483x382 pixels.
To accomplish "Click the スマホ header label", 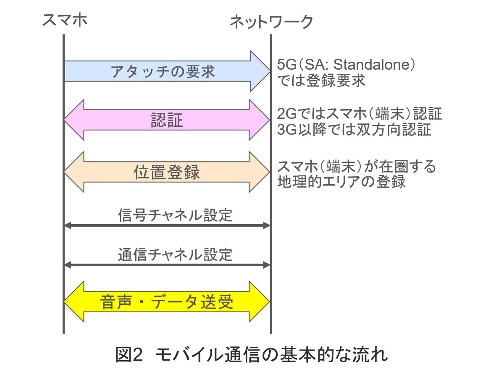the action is pos(65,20).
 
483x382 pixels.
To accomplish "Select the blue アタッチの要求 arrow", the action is pos(167,71).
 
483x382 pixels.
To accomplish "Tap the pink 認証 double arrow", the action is pos(167,120).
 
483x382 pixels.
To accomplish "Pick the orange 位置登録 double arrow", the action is pos(167,172).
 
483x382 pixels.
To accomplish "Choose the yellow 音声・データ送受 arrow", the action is pos(167,301).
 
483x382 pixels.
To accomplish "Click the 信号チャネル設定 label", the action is pos(175,215).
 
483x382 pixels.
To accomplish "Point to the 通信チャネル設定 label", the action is pos(175,254).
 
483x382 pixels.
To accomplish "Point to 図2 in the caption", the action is pos(129,354).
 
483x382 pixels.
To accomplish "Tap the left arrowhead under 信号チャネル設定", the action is pos(68,225).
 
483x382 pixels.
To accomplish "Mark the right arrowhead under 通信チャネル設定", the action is pos(266,265).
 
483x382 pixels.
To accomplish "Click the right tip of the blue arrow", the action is pos(270,71).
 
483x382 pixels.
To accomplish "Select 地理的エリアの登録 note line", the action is pos(341,181).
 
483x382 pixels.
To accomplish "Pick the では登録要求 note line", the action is pos(321,80).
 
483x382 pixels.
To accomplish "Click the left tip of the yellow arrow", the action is pos(64,301).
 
